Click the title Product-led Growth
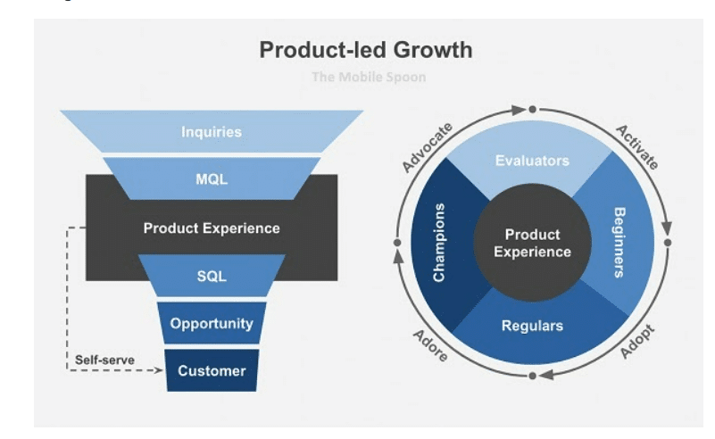(x=365, y=49)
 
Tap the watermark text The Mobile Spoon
(x=369, y=77)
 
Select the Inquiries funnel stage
(x=212, y=132)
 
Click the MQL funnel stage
(x=212, y=179)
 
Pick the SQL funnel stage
(x=212, y=276)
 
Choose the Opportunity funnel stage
(x=212, y=323)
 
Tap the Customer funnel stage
(x=212, y=369)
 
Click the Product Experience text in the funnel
(x=212, y=228)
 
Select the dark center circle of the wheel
(x=532, y=243)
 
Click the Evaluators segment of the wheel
(x=532, y=161)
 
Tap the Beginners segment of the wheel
(x=619, y=243)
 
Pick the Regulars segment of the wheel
(x=532, y=326)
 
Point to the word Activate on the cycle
(x=636, y=146)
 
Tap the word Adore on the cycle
(x=430, y=343)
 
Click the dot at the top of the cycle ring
(x=532, y=109)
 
